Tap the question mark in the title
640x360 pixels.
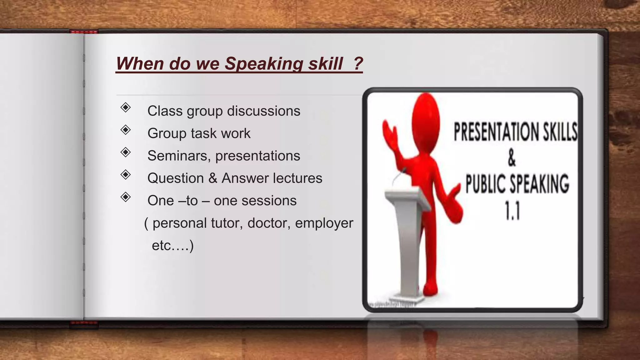(358, 63)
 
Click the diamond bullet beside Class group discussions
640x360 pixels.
(126, 107)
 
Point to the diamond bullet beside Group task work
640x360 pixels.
(126, 130)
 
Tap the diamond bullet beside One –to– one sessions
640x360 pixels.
(126, 197)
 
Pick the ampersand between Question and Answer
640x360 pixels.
(213, 178)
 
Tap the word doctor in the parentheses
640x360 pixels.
(269, 223)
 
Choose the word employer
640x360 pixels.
(324, 223)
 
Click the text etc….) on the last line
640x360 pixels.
(172, 246)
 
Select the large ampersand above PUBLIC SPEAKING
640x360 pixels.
(512, 158)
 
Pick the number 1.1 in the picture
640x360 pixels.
(512, 211)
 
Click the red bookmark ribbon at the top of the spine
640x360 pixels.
(84, 32)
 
